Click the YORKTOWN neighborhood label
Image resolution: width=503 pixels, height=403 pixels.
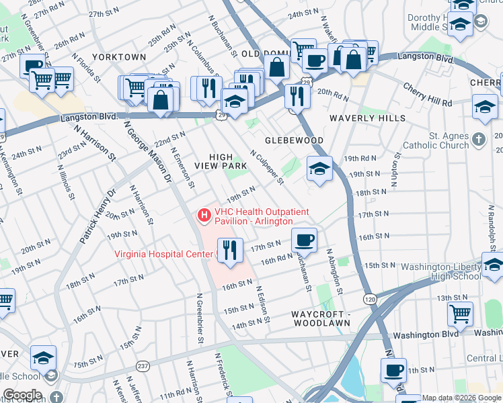119,57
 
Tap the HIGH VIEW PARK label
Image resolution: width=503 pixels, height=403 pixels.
217,161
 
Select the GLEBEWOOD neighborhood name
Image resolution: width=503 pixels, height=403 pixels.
295,140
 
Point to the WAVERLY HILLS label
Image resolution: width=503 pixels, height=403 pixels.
367,118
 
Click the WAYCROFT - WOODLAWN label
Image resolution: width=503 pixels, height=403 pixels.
321,318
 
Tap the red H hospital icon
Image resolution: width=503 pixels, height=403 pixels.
204,216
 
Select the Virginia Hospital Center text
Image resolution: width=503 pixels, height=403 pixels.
164,254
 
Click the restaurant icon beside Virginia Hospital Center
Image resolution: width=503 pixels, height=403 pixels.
230,251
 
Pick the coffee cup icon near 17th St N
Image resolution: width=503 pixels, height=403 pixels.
304,240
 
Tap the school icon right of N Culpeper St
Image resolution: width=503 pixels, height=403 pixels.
319,168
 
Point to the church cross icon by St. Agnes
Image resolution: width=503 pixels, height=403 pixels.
478,140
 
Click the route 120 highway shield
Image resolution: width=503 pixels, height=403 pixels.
370,298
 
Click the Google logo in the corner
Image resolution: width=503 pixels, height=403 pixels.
22,395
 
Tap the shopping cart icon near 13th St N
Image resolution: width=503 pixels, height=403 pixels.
461,313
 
